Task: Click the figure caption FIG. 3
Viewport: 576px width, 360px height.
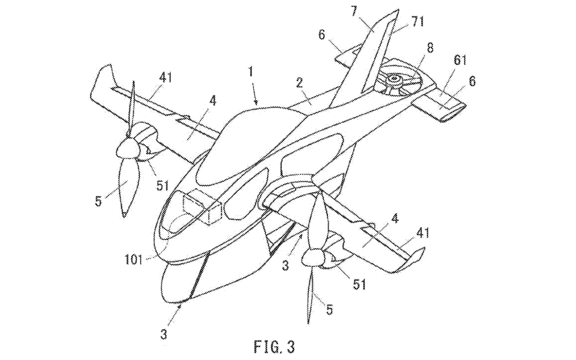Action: coord(274,347)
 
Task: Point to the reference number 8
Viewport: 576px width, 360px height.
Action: coord(430,48)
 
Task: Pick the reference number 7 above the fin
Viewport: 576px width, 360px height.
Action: coord(354,11)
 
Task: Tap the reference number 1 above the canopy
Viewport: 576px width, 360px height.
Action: coord(251,71)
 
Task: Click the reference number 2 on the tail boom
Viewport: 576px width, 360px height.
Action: coord(299,83)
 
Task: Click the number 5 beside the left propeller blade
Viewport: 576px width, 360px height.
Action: coord(98,201)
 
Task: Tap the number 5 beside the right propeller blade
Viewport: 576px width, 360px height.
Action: coord(330,309)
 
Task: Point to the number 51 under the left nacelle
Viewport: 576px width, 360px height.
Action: coord(162,186)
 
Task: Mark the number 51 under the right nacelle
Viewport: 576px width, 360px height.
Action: coord(359,283)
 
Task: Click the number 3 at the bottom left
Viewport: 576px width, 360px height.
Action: coord(164,334)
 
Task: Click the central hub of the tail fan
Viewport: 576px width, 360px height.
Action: coord(394,78)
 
